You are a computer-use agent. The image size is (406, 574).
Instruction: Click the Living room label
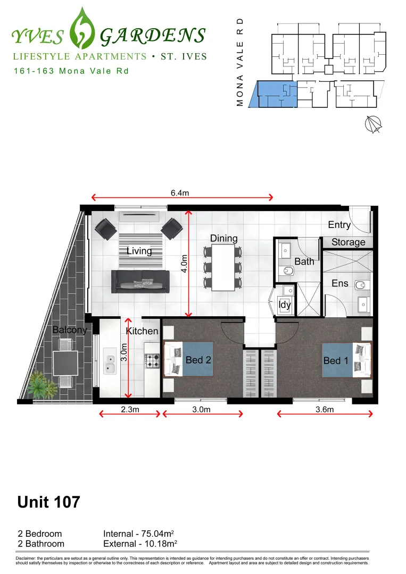pyautogui.click(x=139, y=251)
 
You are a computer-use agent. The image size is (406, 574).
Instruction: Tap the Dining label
pyautogui.click(x=223, y=238)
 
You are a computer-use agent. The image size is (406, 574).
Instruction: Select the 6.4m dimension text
pyautogui.click(x=180, y=193)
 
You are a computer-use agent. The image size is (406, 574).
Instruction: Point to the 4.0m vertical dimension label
pyautogui.click(x=184, y=263)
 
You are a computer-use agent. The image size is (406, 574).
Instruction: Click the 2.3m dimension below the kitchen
pyautogui.click(x=128, y=409)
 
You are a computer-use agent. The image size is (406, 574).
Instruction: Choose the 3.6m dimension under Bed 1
pyautogui.click(x=324, y=409)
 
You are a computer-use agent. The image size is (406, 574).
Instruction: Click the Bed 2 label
pyautogui.click(x=198, y=360)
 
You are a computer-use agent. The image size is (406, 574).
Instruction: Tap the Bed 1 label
pyautogui.click(x=336, y=361)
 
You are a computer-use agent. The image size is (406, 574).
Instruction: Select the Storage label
pyautogui.click(x=349, y=242)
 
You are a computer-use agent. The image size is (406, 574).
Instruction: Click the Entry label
pyautogui.click(x=339, y=225)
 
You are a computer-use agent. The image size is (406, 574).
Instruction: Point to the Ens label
pyautogui.click(x=340, y=283)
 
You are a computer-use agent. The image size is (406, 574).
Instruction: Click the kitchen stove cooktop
pyautogui.click(x=152, y=361)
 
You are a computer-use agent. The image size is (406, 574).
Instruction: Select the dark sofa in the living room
pyautogui.click(x=140, y=281)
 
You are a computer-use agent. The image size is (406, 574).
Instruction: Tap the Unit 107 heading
pyautogui.click(x=49, y=502)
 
